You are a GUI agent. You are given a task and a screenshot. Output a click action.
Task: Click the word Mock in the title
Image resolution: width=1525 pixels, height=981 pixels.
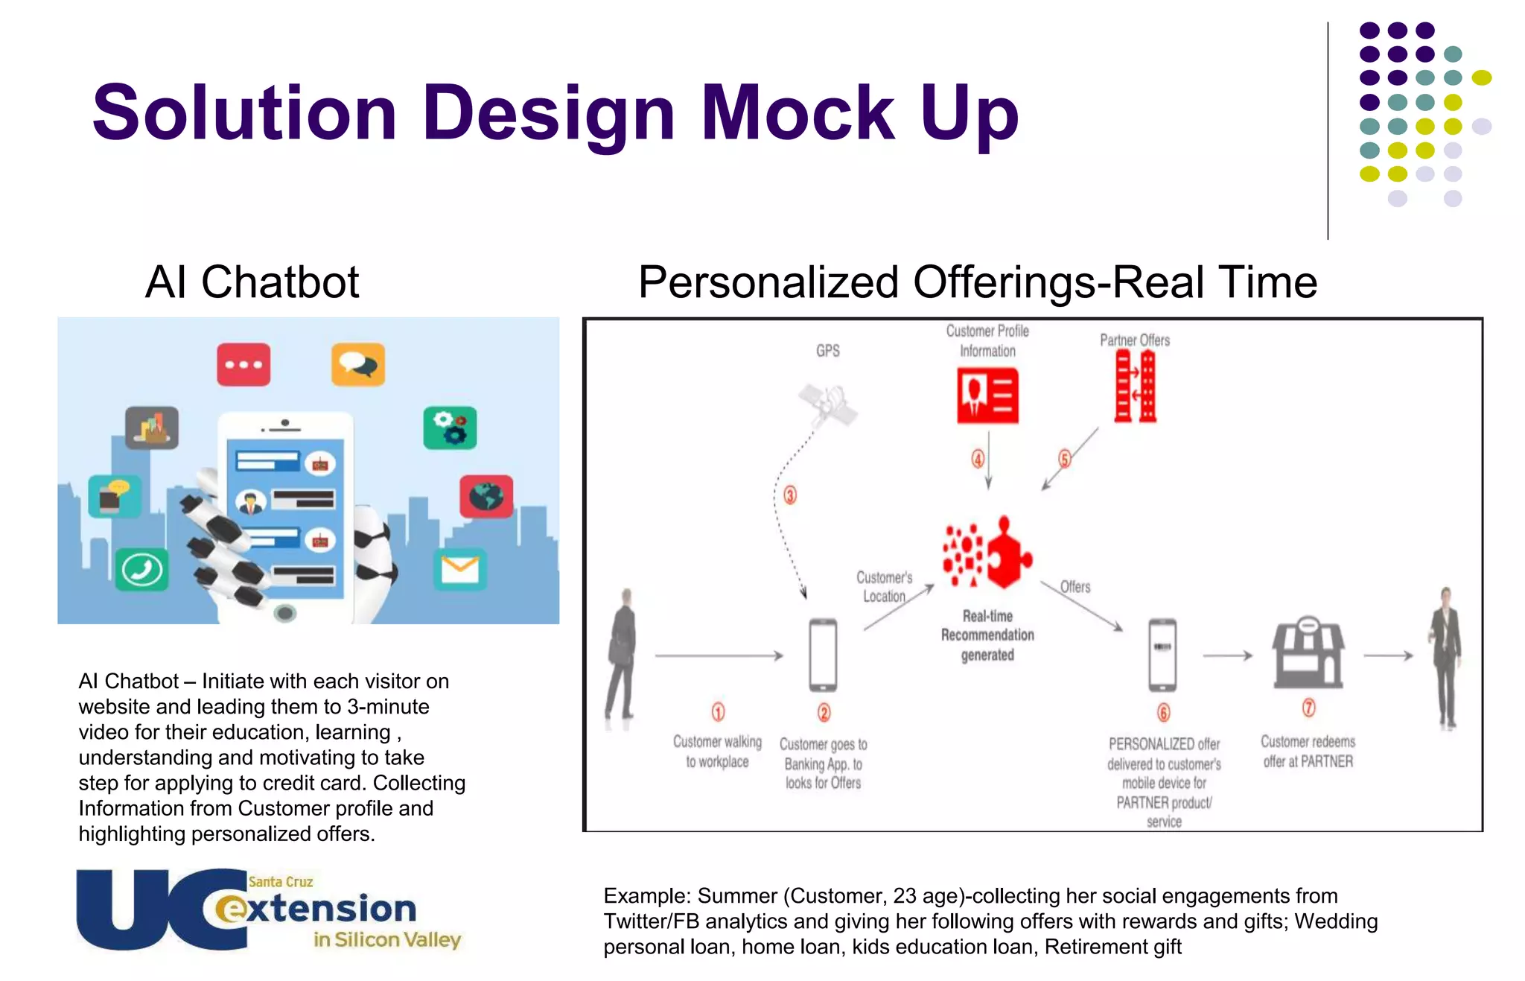(x=797, y=113)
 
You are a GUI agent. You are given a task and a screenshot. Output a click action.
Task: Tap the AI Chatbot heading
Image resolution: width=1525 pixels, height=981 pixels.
(x=252, y=282)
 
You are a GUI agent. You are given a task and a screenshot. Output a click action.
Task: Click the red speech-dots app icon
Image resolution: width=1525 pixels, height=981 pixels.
(x=243, y=364)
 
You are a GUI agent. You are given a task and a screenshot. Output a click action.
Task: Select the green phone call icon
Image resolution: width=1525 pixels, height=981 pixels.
(x=141, y=571)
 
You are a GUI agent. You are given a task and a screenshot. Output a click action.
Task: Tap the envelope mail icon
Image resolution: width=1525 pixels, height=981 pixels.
(x=459, y=569)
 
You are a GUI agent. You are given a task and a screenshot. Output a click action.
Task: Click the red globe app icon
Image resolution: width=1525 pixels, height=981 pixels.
(x=486, y=496)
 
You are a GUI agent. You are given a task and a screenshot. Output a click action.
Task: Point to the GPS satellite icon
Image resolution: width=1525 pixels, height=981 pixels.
(x=827, y=404)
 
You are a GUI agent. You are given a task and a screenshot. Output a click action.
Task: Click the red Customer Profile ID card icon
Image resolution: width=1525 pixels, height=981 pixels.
(x=987, y=396)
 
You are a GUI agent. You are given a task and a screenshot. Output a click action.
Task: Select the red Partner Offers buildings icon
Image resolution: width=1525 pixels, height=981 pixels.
(x=1135, y=387)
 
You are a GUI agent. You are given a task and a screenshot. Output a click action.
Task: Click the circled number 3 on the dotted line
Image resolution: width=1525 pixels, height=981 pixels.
(x=790, y=495)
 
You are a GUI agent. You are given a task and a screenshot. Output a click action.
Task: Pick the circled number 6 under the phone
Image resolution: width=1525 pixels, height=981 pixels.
(x=1163, y=712)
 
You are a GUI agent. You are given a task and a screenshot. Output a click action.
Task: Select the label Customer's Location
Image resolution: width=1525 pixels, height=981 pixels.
(x=884, y=587)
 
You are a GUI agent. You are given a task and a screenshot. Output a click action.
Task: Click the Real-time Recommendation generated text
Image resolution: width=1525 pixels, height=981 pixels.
(x=987, y=635)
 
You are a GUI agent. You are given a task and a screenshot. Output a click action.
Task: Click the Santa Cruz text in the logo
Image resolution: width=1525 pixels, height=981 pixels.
(x=280, y=882)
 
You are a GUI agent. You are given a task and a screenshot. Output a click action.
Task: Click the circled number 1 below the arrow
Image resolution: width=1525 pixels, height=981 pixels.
(x=718, y=711)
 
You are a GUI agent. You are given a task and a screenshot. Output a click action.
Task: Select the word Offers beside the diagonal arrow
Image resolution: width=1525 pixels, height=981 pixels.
(x=1075, y=587)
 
